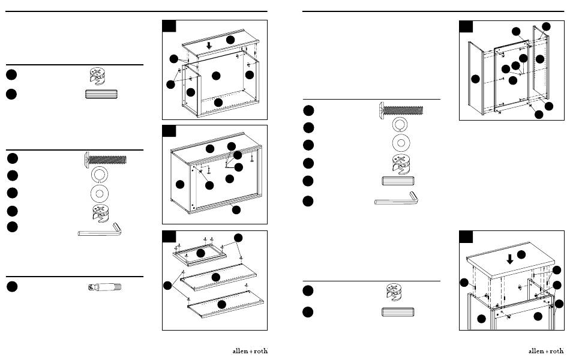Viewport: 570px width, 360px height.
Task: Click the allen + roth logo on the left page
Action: pos(250,351)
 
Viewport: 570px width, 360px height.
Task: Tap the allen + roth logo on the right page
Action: pos(546,351)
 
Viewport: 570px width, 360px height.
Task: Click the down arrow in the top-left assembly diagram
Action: pos(209,46)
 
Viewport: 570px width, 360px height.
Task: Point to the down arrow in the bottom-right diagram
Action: pos(510,259)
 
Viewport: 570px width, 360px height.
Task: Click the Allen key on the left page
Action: pos(99,230)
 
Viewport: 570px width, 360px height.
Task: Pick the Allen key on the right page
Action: pos(396,199)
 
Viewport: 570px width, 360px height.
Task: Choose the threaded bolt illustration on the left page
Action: pos(106,160)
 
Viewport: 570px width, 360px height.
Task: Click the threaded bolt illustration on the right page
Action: pos(401,110)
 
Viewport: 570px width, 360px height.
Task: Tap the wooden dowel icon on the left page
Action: pos(101,94)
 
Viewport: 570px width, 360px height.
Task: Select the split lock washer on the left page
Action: pos(99,175)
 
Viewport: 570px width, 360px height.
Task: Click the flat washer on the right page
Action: pos(400,143)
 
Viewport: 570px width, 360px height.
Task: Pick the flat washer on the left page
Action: pos(99,193)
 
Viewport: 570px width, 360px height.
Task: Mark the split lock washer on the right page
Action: pos(400,125)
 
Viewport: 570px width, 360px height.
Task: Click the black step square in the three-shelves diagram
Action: pos(169,237)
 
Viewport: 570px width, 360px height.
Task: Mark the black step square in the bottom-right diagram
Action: pos(466,237)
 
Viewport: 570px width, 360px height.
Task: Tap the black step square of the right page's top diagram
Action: pos(466,26)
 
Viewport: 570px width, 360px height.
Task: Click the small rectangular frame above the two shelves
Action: pos(200,255)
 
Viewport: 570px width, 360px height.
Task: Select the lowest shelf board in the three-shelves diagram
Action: pos(226,304)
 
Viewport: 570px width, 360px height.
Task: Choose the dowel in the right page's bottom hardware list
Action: pos(398,312)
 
